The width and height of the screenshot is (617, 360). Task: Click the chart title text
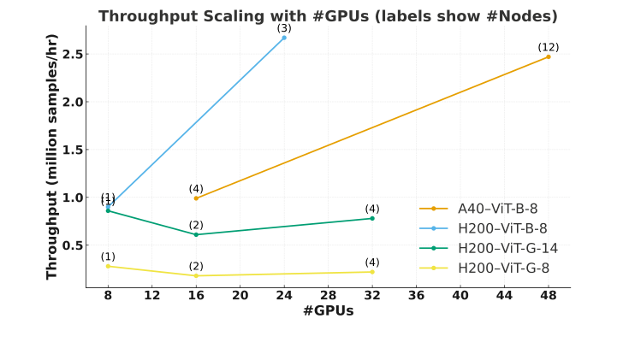[x=328, y=16]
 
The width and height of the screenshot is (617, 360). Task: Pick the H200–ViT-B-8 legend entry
[x=501, y=228]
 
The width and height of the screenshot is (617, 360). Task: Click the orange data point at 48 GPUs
[x=549, y=56]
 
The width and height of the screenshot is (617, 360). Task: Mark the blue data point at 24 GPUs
[x=284, y=38]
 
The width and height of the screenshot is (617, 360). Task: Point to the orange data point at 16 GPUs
[x=196, y=198]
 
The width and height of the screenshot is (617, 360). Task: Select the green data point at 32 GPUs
[x=372, y=218]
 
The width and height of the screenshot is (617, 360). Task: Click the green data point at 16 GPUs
[x=196, y=234]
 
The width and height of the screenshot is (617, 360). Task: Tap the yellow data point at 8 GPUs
[x=108, y=266]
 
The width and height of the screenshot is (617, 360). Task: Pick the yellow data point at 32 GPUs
[x=372, y=272]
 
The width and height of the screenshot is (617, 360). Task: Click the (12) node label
[x=549, y=47]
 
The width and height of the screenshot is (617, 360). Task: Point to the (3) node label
[x=284, y=28]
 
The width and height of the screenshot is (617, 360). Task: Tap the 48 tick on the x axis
[x=549, y=296]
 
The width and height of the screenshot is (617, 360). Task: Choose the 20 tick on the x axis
[x=240, y=296]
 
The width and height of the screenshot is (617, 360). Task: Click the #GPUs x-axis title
[x=328, y=311]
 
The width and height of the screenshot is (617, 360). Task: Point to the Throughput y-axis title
[x=52, y=162]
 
